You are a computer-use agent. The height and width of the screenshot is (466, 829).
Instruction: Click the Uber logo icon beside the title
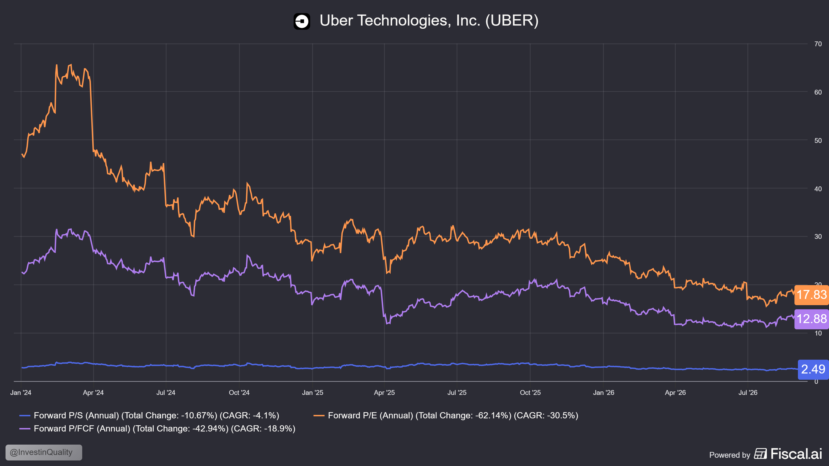301,21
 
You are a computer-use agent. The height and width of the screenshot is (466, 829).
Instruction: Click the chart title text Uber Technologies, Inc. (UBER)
429,20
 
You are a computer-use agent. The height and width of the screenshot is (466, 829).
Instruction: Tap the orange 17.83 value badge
811,295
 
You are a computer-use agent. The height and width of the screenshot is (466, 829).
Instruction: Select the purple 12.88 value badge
811,319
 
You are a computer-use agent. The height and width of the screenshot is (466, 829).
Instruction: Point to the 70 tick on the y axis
818,44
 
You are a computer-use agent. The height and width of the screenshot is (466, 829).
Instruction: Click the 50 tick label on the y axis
818,141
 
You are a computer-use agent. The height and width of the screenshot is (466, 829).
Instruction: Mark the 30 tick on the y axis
818,237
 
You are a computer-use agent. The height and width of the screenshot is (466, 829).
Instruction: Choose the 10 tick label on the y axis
818,333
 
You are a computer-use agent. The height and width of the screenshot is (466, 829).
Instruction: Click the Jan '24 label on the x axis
21,393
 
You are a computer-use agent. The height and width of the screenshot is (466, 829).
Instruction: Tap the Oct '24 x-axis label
239,393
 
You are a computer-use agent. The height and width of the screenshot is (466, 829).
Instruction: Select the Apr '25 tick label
384,393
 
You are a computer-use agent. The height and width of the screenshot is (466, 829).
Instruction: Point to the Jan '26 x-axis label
603,393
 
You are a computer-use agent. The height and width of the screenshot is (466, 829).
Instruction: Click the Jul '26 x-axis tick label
748,393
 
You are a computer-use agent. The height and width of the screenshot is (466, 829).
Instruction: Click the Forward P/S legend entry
149,416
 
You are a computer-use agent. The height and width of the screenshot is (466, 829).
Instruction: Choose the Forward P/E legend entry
446,416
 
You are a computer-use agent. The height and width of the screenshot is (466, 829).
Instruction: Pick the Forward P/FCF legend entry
157,429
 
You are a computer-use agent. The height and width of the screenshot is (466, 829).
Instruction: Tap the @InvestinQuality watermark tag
44,452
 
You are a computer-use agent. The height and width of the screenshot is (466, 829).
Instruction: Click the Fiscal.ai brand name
796,454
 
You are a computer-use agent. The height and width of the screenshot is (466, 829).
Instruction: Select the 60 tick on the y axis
818,92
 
